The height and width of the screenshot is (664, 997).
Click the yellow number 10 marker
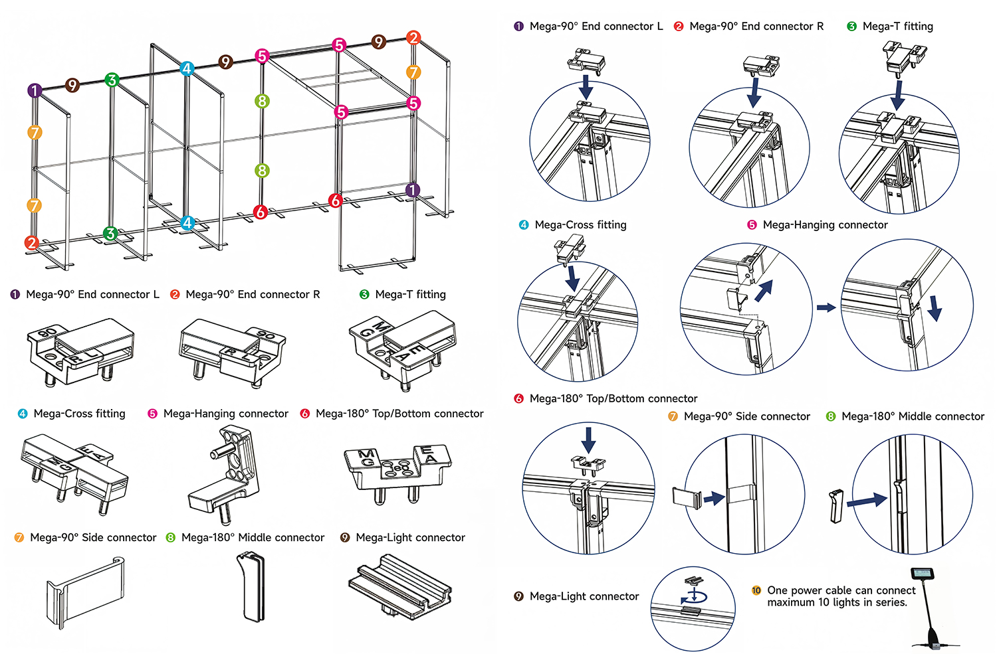point(756,590)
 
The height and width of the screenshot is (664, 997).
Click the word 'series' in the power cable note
point(889,603)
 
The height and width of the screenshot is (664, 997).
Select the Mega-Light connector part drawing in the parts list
point(400,587)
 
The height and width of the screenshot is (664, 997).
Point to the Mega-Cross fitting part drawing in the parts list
point(73,473)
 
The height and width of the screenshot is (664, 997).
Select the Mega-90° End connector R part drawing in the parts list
point(233,351)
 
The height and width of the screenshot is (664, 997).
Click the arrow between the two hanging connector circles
point(826,307)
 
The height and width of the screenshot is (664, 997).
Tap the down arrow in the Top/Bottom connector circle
point(588,440)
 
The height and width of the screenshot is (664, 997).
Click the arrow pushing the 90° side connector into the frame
point(715,498)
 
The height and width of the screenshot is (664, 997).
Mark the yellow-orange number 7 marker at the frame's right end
point(413,72)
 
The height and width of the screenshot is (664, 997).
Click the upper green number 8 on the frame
point(262,101)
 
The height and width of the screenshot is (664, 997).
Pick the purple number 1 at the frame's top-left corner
point(35,90)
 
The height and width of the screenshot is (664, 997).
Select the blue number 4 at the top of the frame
point(187,68)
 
